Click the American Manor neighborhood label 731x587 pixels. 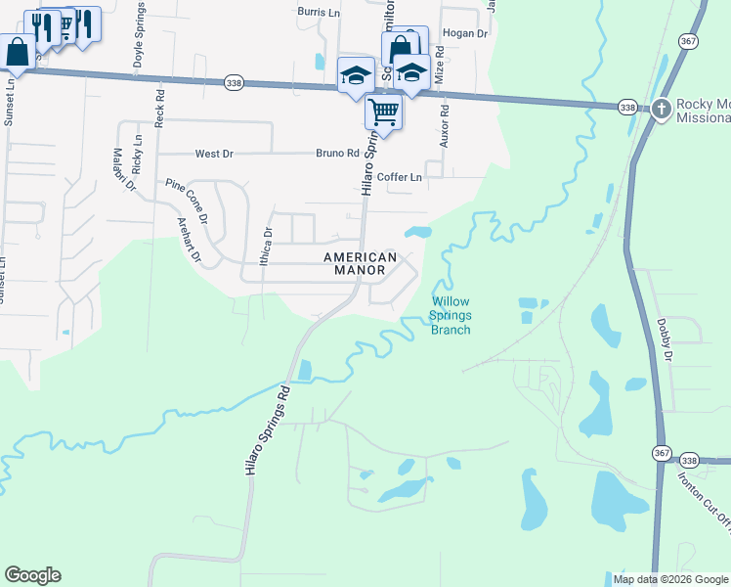pos(361,263)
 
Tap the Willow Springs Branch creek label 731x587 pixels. pos(451,316)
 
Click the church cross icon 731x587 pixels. pos(662,107)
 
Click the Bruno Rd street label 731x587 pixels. pos(337,154)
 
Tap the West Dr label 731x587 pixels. pos(215,154)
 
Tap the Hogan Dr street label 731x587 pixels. pos(465,33)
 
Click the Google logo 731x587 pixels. pos(32,575)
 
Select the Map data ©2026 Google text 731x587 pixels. pos(670,579)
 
